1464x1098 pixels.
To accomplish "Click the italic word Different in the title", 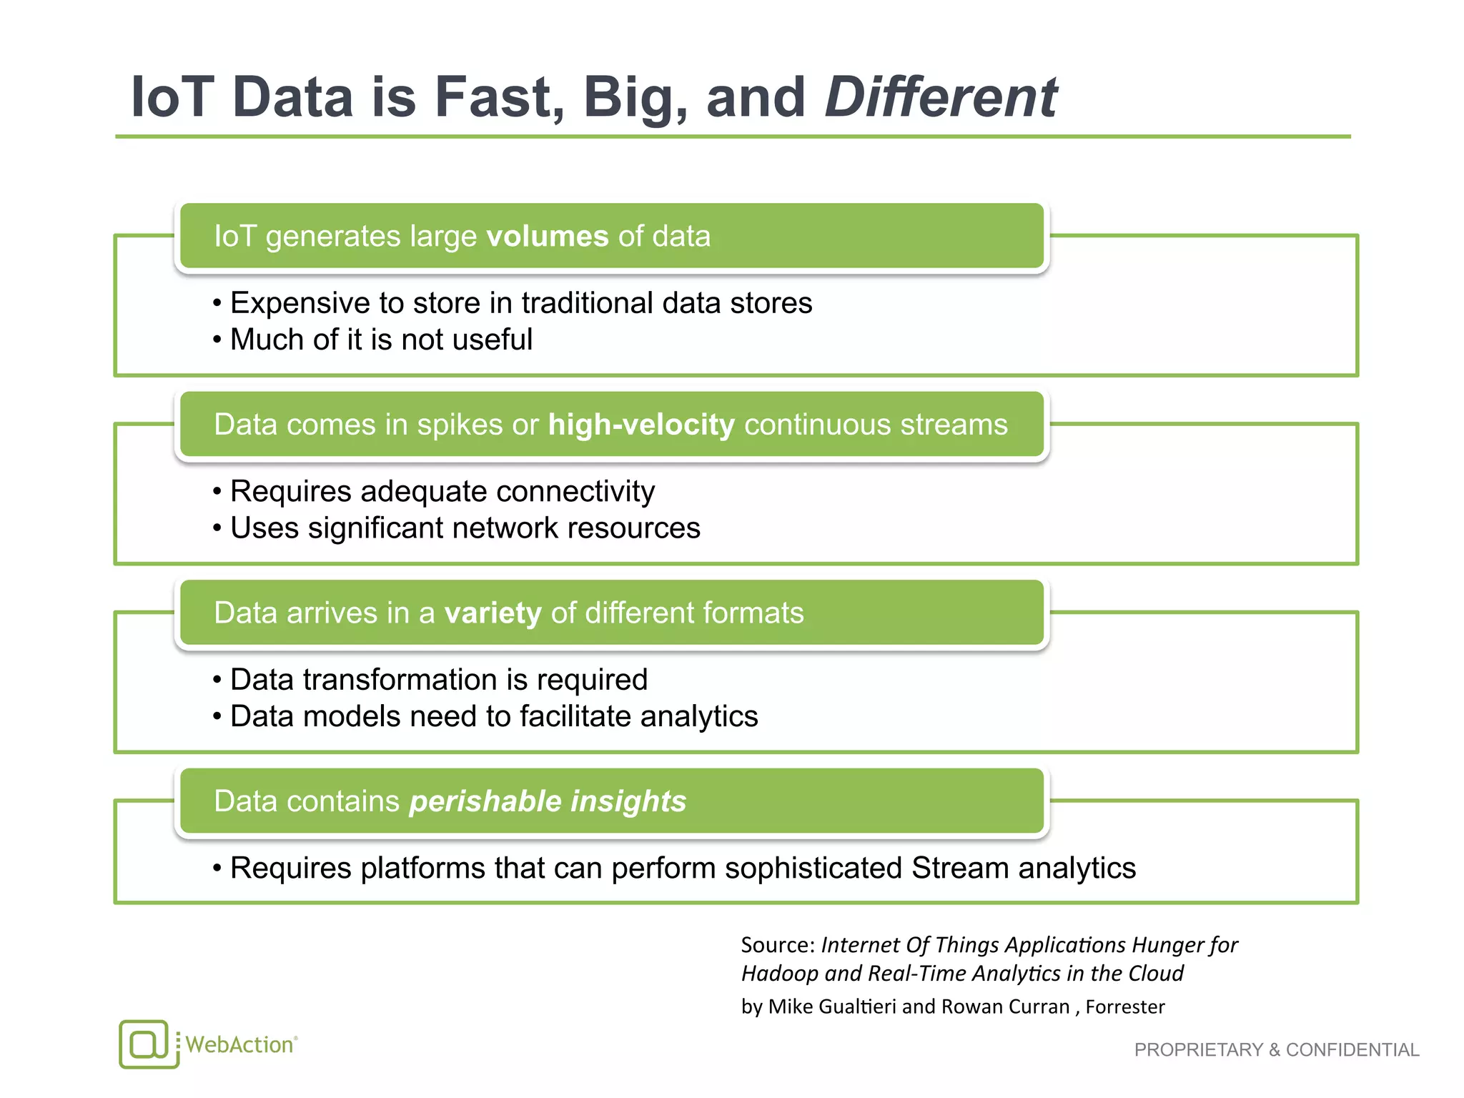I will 940,97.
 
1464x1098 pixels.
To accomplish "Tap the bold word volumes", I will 547,237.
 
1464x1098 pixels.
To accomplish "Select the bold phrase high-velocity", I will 641,425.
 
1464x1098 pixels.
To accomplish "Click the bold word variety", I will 493,613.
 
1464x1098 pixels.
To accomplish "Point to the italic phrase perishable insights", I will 548,801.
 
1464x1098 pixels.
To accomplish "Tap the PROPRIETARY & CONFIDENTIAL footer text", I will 1276,1049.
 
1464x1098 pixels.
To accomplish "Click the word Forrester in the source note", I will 1125,1006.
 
